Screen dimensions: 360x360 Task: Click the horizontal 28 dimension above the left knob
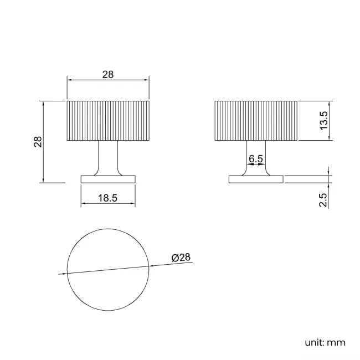click(x=108, y=75)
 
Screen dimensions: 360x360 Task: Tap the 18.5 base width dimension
click(x=107, y=198)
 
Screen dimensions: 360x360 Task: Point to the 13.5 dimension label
click(x=325, y=121)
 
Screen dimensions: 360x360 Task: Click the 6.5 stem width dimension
click(x=256, y=159)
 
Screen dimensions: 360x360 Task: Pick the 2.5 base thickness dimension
click(x=325, y=199)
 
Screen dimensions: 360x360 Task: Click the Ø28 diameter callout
click(x=181, y=258)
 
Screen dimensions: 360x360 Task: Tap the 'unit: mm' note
click(x=325, y=342)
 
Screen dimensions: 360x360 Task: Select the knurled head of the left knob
click(x=108, y=121)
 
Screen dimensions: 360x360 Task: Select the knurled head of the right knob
click(x=256, y=121)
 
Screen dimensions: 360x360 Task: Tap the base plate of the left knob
click(x=108, y=179)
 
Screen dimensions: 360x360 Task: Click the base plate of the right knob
click(x=256, y=179)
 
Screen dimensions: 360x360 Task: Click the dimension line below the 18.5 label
click(x=108, y=204)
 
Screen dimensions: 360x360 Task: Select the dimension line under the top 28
click(x=108, y=80)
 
